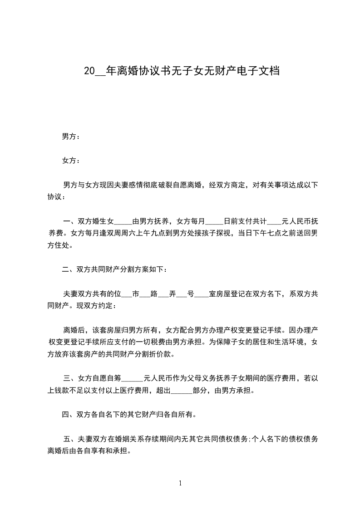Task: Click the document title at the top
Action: tap(181, 71)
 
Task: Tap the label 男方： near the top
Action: tap(71, 137)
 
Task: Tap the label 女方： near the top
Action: tap(71, 161)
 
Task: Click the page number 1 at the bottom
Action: tap(180, 483)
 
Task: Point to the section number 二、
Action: tap(69, 270)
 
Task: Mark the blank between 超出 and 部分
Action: tap(182, 390)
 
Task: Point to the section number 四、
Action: tap(69, 414)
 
